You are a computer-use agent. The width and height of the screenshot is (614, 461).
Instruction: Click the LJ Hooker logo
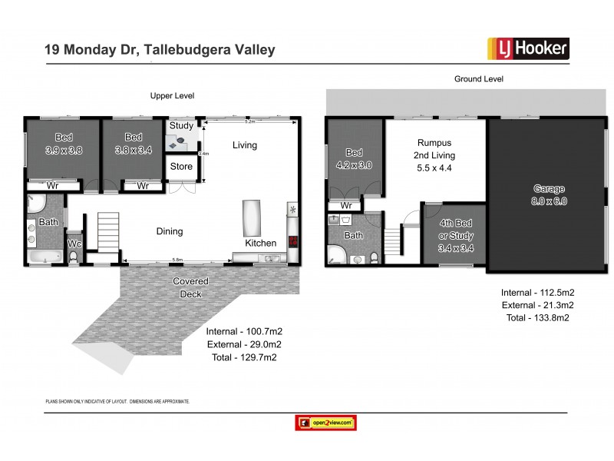(x=528, y=49)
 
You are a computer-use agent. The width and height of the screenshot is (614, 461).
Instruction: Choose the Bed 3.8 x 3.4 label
(x=134, y=144)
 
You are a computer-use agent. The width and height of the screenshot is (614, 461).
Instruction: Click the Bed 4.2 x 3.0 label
(x=354, y=158)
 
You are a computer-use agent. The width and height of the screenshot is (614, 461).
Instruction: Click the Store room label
(x=181, y=166)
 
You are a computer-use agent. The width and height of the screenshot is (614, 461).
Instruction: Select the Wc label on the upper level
(x=74, y=244)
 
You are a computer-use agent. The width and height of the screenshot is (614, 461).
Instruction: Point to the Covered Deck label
(x=190, y=287)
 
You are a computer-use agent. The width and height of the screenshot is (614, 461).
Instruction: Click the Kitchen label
(x=260, y=244)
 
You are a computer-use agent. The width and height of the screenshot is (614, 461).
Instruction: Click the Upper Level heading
(x=172, y=96)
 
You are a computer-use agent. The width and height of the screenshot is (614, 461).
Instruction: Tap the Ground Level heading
(x=478, y=78)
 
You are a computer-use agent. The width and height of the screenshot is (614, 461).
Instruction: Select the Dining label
(x=170, y=231)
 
